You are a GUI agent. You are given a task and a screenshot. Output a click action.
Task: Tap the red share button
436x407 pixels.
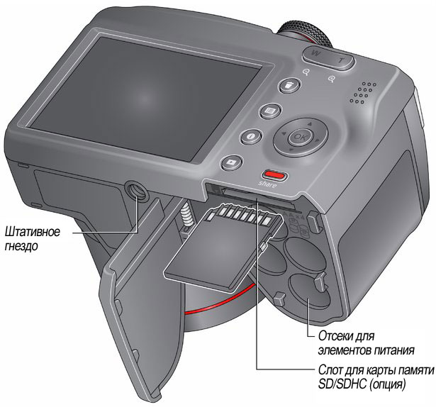pyautogui.click(x=274, y=175)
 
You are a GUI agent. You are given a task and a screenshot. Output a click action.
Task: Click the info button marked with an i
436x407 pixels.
pyautogui.click(x=251, y=136)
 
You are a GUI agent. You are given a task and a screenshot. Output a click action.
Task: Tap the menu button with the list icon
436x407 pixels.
pyautogui.click(x=270, y=111)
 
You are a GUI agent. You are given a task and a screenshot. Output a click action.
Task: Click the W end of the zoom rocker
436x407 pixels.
pyautogui.click(x=315, y=53)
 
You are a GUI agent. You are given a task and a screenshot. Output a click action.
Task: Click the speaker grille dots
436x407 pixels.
pyautogui.click(x=364, y=92)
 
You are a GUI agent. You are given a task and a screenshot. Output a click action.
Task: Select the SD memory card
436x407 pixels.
pyautogui.click(x=223, y=247)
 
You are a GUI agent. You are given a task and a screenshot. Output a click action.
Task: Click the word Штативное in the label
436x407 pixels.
pyautogui.click(x=33, y=231)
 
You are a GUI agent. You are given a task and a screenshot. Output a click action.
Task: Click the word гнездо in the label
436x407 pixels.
pyautogui.click(x=21, y=246)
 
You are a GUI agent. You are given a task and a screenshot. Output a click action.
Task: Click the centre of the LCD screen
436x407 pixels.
pyautogui.click(x=145, y=97)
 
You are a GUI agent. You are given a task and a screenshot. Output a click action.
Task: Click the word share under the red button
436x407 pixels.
pyautogui.click(x=267, y=184)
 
